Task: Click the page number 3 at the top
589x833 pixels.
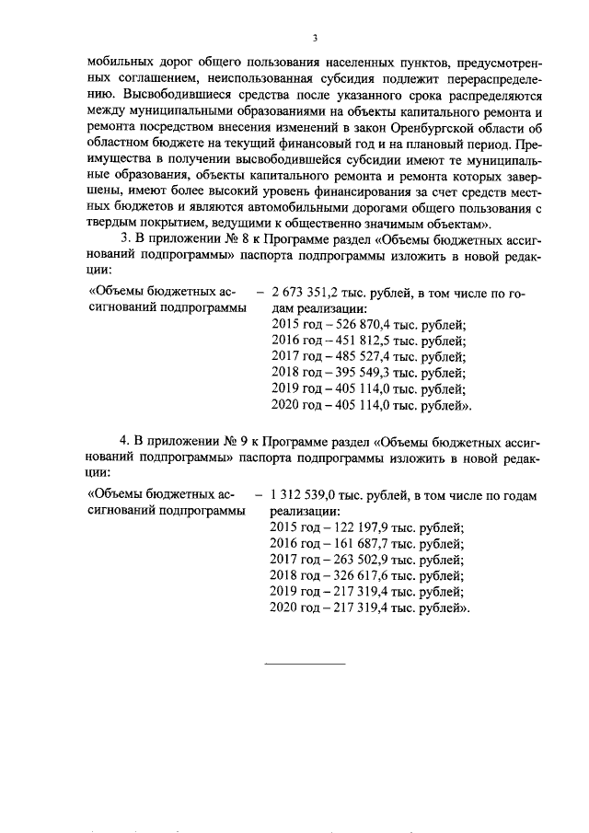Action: (315, 38)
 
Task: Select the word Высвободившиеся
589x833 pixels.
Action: (167, 94)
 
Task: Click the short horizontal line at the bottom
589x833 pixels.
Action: (305, 663)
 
